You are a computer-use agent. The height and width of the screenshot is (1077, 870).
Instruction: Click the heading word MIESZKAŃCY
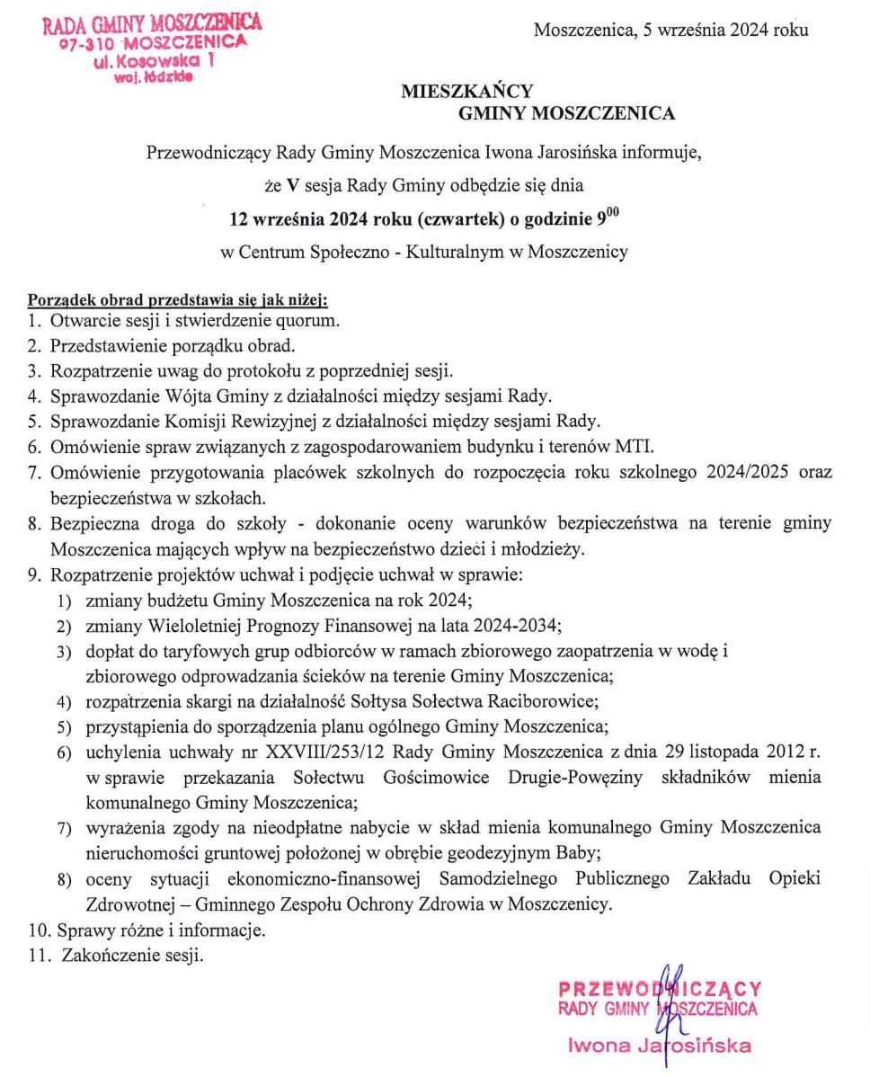click(x=467, y=90)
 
